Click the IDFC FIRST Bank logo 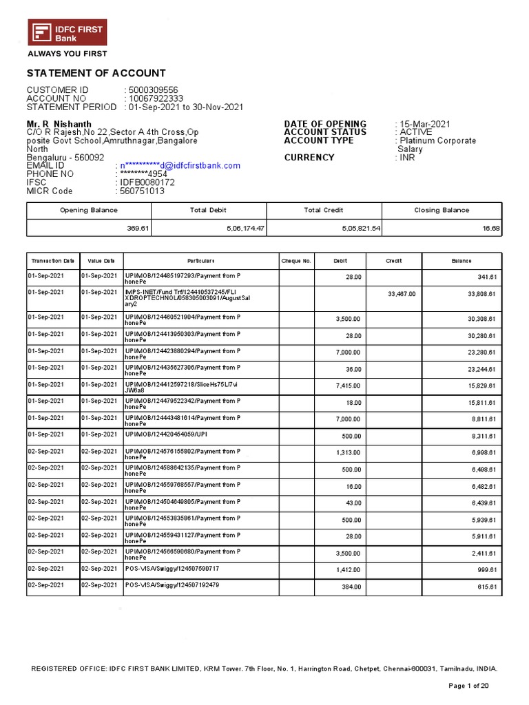coord(67,33)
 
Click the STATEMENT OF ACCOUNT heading coord(96,74)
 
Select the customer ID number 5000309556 coord(153,90)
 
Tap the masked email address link coord(180,165)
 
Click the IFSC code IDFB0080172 coord(147,182)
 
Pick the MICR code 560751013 coord(142,191)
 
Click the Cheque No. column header coord(296,261)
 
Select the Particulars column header coord(201,261)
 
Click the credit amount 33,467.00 coord(402,294)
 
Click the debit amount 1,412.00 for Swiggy coord(348,570)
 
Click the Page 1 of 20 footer coord(468,686)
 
